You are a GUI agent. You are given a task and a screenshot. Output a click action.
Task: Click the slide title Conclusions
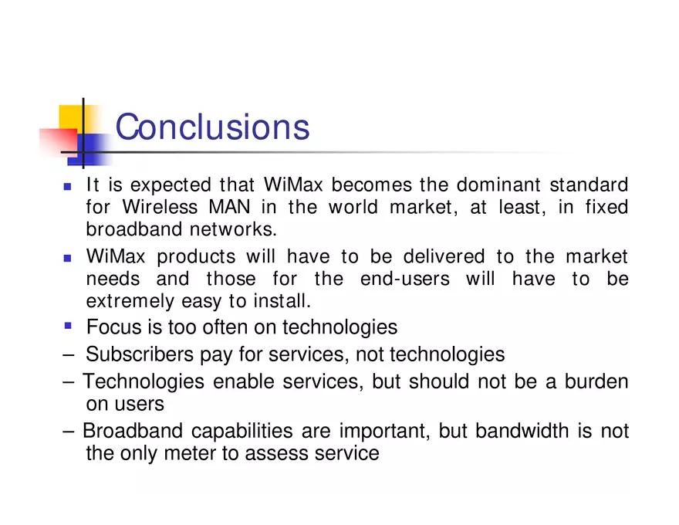212,127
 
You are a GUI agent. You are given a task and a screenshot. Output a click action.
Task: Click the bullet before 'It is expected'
67,187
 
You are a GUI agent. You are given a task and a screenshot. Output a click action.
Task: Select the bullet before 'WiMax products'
67,258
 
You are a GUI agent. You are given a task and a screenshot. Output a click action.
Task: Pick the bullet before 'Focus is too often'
67,326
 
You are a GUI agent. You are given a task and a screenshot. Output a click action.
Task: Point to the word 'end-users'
404,279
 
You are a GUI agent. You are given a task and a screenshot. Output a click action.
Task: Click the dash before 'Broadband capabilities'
68,431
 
